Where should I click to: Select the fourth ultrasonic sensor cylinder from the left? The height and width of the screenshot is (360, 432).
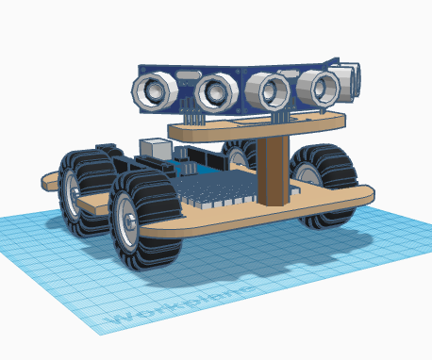[x=318, y=88]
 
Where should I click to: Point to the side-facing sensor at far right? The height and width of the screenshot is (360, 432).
[x=350, y=79]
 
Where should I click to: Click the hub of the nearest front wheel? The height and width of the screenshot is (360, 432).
[x=125, y=222]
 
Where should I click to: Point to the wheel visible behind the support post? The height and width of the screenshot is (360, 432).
[x=240, y=154]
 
